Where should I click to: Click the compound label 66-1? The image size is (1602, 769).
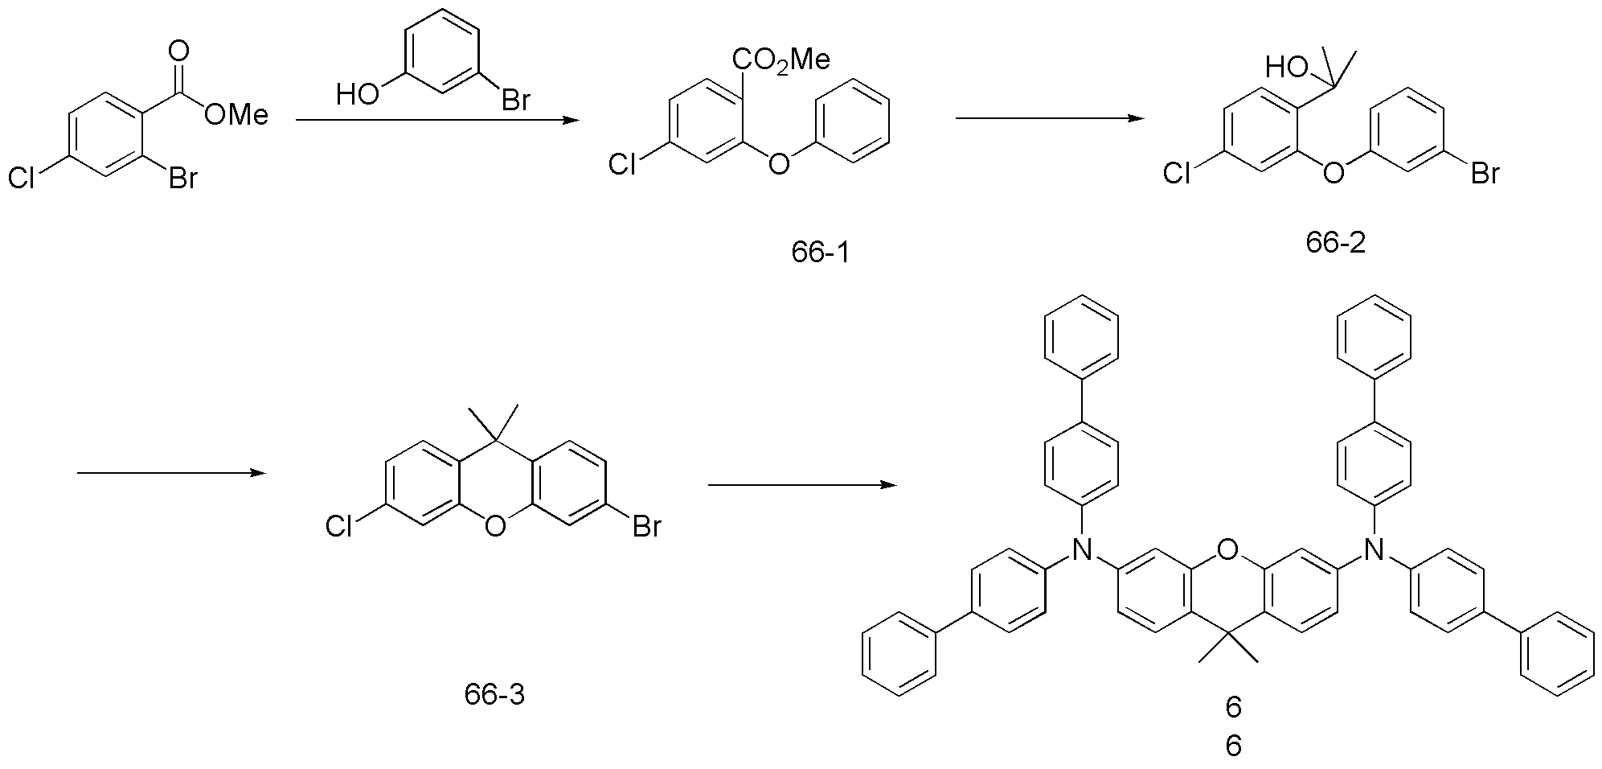(820, 253)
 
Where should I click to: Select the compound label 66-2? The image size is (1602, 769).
(1335, 243)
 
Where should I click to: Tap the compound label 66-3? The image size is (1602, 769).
(494, 693)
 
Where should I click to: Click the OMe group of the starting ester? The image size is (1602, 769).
(236, 115)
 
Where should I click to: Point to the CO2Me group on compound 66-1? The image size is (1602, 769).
(781, 60)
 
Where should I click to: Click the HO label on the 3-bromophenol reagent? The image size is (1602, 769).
(357, 95)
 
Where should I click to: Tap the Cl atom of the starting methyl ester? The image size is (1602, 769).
(22, 178)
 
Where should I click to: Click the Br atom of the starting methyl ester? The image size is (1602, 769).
(182, 178)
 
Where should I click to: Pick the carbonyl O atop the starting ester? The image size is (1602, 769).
(178, 52)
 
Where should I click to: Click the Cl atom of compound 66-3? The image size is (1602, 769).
(340, 527)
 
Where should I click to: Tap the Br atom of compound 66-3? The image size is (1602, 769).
(646, 527)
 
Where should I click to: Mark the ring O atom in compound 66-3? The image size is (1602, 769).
(494, 527)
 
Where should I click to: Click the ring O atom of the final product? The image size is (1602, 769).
(1227, 549)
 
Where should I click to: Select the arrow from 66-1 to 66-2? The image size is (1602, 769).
(1050, 118)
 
